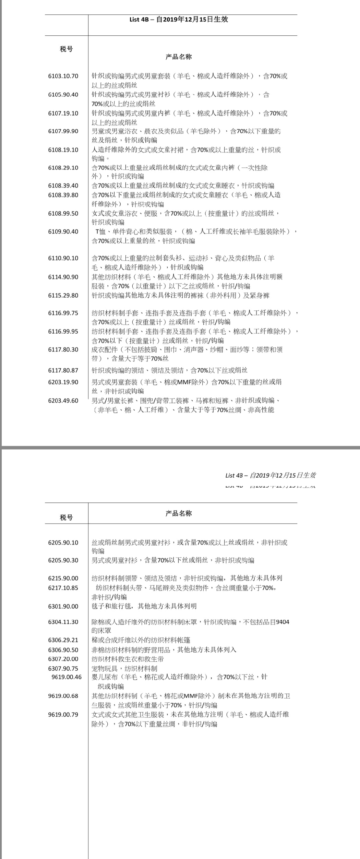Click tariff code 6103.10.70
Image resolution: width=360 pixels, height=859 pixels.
pyautogui.click(x=63, y=76)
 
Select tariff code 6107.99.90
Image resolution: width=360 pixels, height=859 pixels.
pyautogui.click(x=63, y=131)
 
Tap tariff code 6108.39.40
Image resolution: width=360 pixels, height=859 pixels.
pyautogui.click(x=63, y=186)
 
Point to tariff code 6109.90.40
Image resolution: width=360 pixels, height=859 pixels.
pyautogui.click(x=63, y=231)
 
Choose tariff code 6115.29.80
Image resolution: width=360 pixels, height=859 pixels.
pyautogui.click(x=63, y=295)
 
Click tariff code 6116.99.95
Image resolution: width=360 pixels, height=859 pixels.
pyautogui.click(x=63, y=331)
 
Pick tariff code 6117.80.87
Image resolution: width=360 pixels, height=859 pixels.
pyautogui.click(x=63, y=370)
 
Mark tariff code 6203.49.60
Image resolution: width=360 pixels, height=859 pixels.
pyautogui.click(x=63, y=401)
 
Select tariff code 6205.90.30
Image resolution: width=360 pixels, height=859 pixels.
pyautogui.click(x=63, y=560)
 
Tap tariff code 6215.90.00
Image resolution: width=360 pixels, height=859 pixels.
pyautogui.click(x=63, y=578)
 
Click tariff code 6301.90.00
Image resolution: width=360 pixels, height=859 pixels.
pyautogui.click(x=63, y=606)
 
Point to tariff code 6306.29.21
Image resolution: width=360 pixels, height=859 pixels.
pyautogui.click(x=63, y=640)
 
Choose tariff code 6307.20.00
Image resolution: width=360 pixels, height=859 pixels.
pyautogui.click(x=63, y=659)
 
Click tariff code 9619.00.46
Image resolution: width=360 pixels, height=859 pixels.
pyautogui.click(x=67, y=677)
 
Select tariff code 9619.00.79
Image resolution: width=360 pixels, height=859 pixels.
pyautogui.click(x=63, y=715)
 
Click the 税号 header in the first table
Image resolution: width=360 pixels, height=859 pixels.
pyautogui.click(x=66, y=49)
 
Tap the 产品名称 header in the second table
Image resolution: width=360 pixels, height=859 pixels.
pyautogui.click(x=179, y=513)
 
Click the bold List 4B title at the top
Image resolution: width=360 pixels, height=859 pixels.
pyautogui.click(x=179, y=20)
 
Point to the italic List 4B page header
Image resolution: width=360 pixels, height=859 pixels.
pyautogui.click(x=271, y=475)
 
